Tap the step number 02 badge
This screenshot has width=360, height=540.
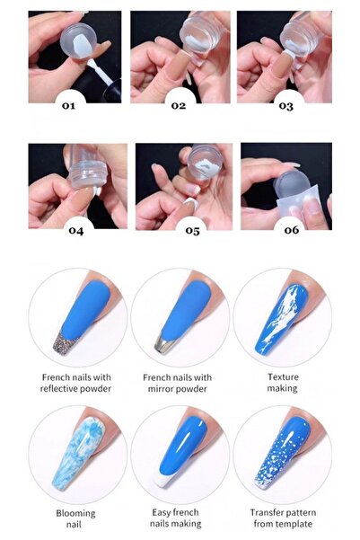(x=179, y=105)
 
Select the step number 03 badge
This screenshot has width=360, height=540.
(x=285, y=105)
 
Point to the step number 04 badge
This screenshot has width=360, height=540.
(x=75, y=231)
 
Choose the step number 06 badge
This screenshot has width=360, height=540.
(x=289, y=231)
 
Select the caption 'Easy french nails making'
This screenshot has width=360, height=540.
(x=179, y=518)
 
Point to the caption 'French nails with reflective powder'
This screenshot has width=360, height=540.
(x=76, y=382)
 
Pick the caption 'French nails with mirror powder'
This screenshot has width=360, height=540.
(x=179, y=382)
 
